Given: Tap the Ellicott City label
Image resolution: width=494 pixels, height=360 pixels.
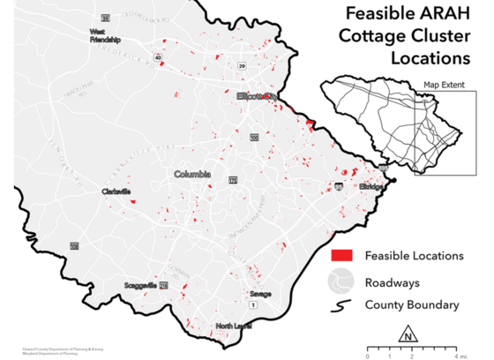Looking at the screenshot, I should coord(257,95).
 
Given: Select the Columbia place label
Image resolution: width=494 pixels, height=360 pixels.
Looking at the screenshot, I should coord(192,174).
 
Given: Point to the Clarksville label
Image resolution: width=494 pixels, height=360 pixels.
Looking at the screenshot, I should coord(116,191).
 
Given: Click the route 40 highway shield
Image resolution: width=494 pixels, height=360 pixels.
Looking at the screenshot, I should coord(158,56).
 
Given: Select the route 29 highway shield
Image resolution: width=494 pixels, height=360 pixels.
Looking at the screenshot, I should coord(241,65).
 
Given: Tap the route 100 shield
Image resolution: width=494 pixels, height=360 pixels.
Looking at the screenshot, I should coord(254,138).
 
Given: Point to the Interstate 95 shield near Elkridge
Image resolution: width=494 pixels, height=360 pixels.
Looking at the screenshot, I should coord(340,187).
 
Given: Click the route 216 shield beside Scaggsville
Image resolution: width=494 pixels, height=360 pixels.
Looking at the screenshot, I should coord(163,286).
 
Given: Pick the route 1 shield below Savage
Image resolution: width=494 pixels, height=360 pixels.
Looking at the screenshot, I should coord(252,304).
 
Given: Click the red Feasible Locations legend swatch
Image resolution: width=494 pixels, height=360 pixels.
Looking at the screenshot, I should coord(342,255).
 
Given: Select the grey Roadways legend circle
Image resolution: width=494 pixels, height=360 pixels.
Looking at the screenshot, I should coord(342,282).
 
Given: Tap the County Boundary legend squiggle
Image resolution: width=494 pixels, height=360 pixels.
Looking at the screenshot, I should coord(342,306).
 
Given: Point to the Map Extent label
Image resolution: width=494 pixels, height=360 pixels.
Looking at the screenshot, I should coord(442,85).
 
